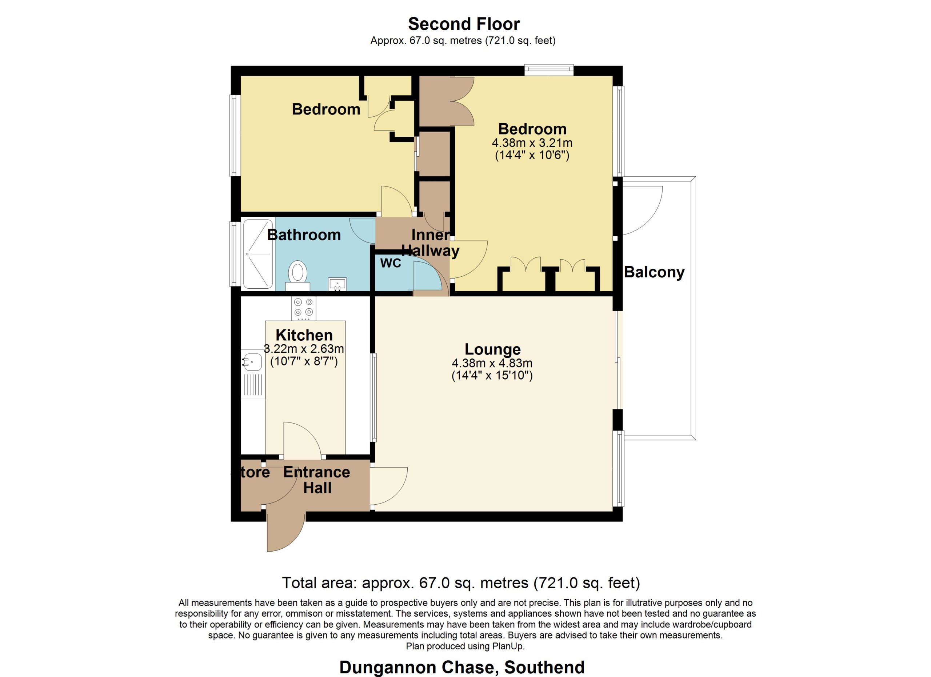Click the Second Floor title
(x=464, y=24)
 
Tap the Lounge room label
(x=492, y=349)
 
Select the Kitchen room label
(x=304, y=335)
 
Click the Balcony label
(x=654, y=272)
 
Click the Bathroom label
(x=304, y=235)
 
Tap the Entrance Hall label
(x=317, y=480)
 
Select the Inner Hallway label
(x=430, y=243)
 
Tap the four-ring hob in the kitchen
(x=304, y=309)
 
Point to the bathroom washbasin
(x=338, y=284)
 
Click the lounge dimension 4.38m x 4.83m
(x=492, y=363)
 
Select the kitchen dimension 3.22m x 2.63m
(x=304, y=349)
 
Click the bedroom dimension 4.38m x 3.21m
(x=532, y=143)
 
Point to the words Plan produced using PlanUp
(x=465, y=646)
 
